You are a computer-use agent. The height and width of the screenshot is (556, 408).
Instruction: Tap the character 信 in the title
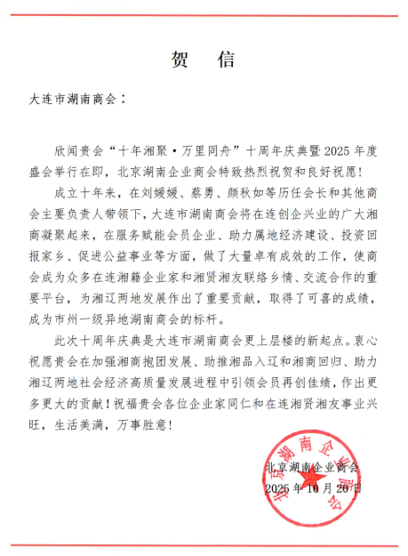[x=227, y=60]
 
